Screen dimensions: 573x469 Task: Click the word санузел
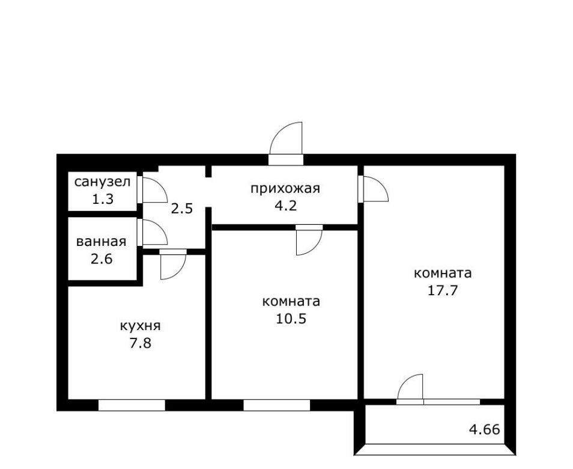coord(102,182)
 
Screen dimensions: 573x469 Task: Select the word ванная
coord(102,242)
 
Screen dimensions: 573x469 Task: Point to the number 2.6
coord(102,259)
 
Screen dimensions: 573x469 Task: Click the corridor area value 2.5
coord(181,209)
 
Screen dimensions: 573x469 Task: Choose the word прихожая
coord(285,189)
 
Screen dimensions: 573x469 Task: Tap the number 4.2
coord(285,206)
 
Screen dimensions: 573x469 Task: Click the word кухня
coord(141,326)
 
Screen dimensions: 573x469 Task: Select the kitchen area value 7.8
coord(141,343)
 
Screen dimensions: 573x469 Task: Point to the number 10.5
coord(291,319)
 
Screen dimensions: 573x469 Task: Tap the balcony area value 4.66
coord(484,429)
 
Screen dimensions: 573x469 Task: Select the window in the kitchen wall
coord(132,405)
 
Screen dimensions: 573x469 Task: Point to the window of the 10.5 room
coord(277,405)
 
